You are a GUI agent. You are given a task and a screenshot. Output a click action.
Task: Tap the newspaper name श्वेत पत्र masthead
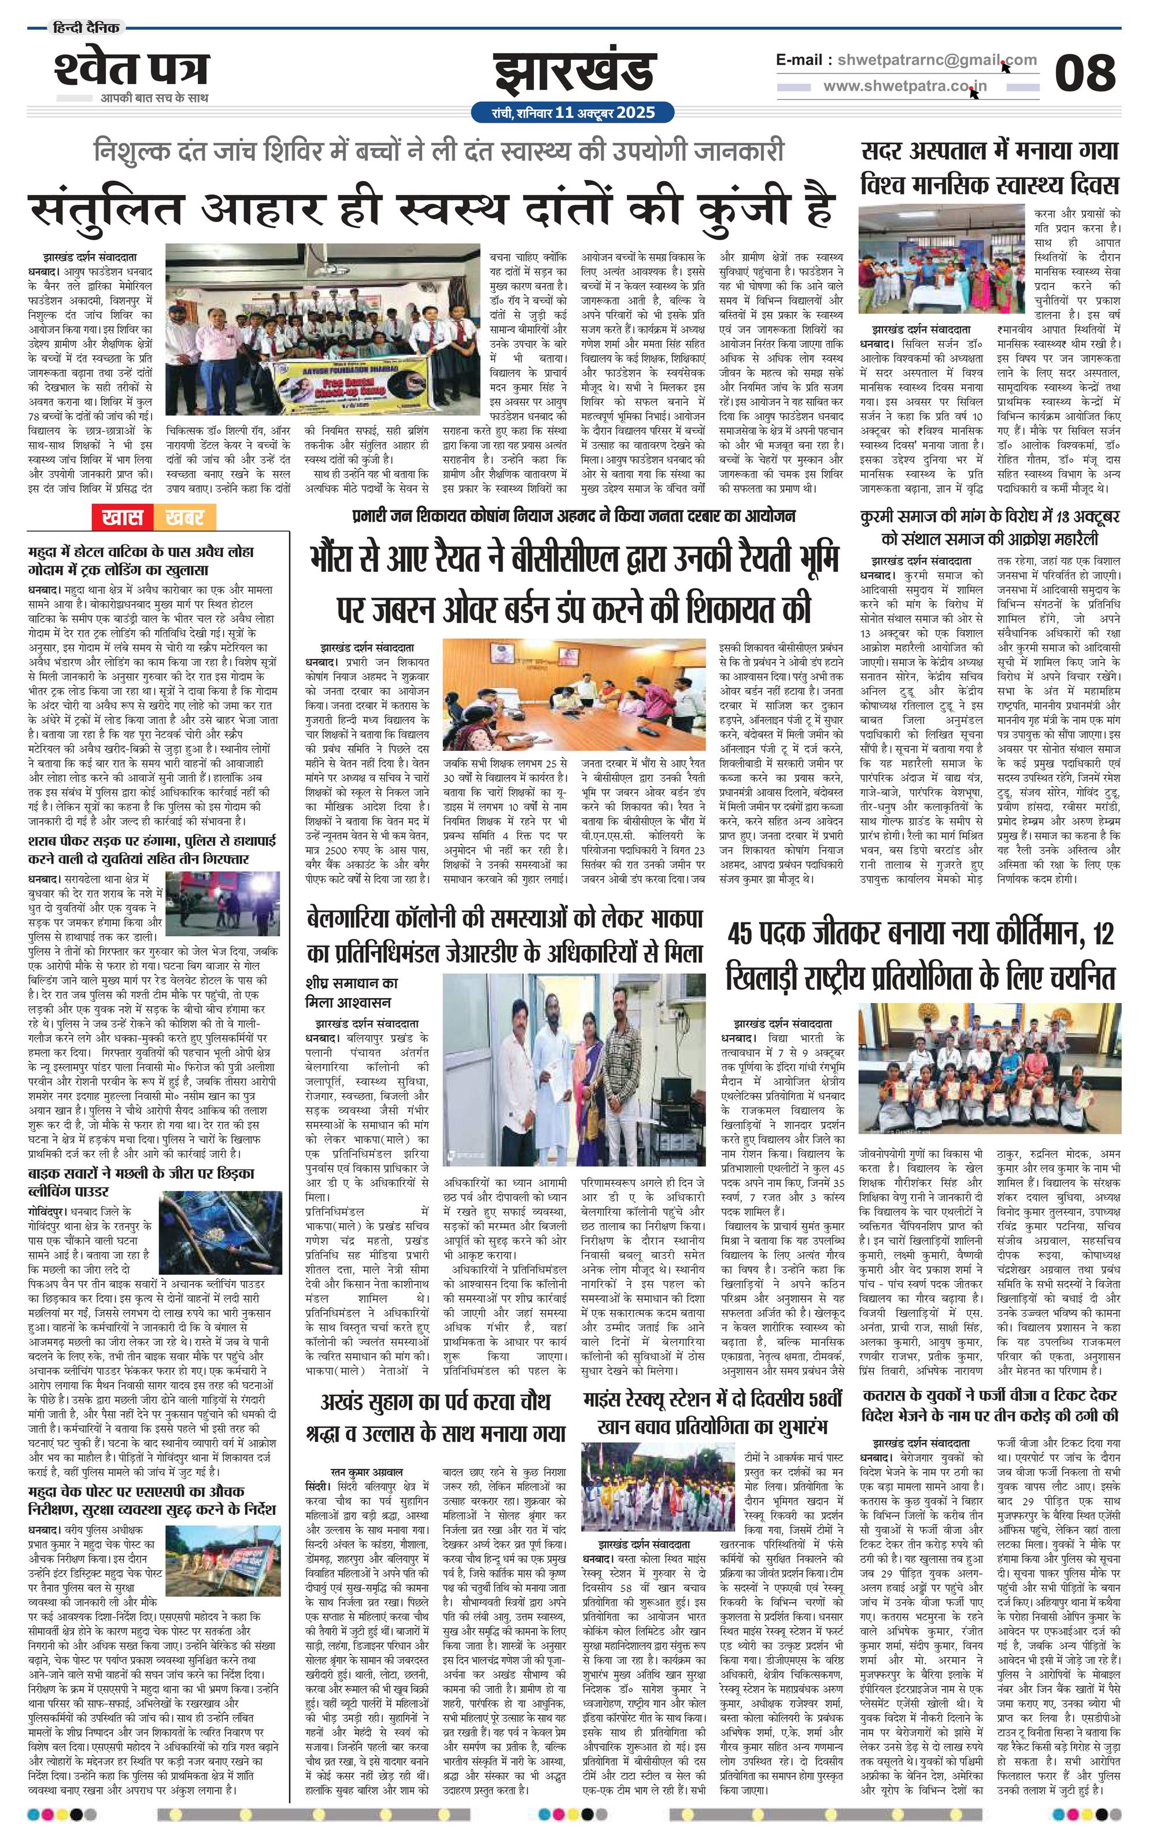(x=131, y=70)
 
